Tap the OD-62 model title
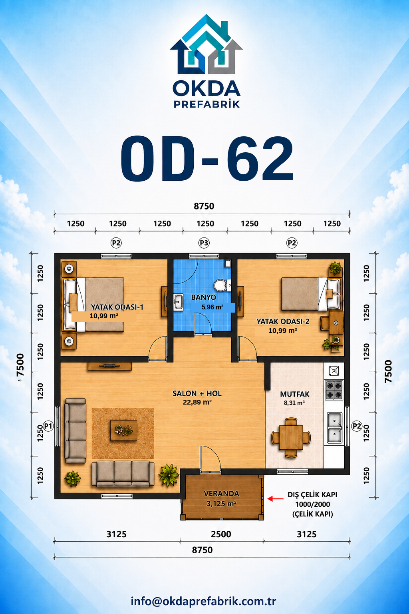click(x=207, y=158)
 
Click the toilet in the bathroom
click(x=221, y=285)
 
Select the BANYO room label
click(x=204, y=297)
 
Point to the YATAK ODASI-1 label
click(x=117, y=307)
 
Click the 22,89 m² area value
click(x=197, y=403)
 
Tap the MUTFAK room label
click(x=294, y=394)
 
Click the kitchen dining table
click(x=291, y=437)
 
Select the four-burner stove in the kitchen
click(x=334, y=390)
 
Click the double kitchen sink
click(x=334, y=428)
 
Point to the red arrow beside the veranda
click(x=275, y=498)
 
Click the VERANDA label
click(x=221, y=494)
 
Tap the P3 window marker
click(x=204, y=243)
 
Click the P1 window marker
click(x=48, y=426)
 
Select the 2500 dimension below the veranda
click(x=221, y=534)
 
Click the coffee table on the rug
click(x=123, y=431)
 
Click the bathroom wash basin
click(x=178, y=302)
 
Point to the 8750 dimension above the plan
click(x=204, y=206)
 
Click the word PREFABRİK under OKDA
click(x=207, y=104)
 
